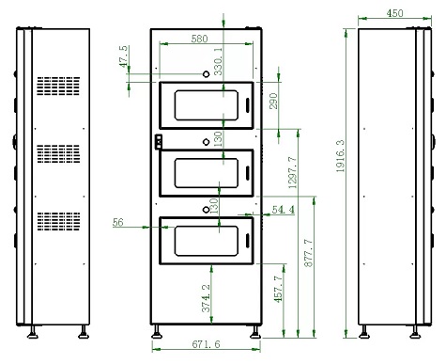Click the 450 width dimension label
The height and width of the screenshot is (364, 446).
pos(394,13)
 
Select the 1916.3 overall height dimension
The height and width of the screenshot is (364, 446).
pos(340,156)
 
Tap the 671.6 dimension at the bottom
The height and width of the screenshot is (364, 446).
pos(206,344)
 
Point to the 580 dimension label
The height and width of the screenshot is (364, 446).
pos(199,39)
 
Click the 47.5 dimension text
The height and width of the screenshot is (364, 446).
pos(124,56)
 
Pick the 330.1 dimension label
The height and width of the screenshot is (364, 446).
pos(218,61)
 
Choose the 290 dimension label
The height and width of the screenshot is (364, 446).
pos(273,101)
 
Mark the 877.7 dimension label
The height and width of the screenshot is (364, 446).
pos(309,253)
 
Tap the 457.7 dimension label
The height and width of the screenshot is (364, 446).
pos(279,289)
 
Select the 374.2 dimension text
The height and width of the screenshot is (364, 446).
pos(206,298)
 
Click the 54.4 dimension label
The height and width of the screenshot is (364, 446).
pos(284,210)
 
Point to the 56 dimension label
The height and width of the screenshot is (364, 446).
pos(118,222)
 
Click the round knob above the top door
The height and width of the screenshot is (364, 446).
pos(206,74)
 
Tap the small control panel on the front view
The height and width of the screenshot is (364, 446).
pos(159,141)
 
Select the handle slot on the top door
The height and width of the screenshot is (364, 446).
pos(247,105)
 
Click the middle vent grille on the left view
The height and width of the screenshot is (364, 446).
pos(58,153)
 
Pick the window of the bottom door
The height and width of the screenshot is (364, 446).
pos(207,241)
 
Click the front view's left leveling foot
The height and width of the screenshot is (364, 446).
pos(157,332)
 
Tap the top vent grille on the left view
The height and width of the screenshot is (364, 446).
pos(58,86)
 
